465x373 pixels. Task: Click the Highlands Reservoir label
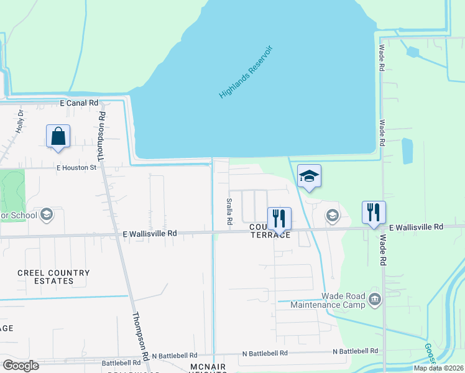point(246,71)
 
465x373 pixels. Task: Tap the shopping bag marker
point(58,136)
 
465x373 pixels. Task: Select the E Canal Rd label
point(80,103)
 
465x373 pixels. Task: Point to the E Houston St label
point(76,167)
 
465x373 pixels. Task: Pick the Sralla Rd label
point(229,211)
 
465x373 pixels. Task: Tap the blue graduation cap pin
point(309,176)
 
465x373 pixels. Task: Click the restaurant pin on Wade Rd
point(374,213)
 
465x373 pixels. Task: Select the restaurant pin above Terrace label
point(279,219)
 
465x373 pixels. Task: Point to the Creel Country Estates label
point(53,277)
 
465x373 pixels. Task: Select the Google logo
point(21,365)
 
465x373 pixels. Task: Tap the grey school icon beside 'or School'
point(46,215)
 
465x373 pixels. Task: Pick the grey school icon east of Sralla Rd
point(333,216)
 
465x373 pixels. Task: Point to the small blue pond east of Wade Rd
point(407,151)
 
